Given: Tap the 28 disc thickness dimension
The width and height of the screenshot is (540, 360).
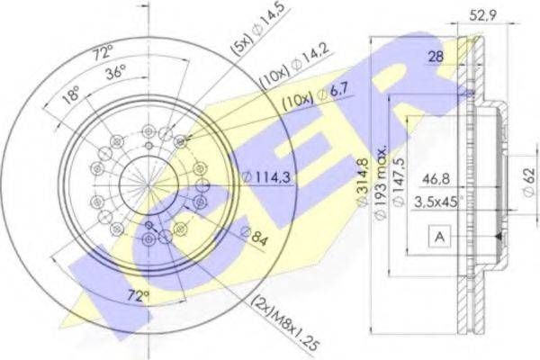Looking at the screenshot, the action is point(436,56).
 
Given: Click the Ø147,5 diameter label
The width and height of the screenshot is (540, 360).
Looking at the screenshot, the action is point(399,183).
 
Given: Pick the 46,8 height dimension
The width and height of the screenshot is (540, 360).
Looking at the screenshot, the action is point(436,179).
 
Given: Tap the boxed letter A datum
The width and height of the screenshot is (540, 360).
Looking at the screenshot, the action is point(440,237).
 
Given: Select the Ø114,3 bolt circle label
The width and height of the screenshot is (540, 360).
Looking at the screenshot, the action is point(265,177).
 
